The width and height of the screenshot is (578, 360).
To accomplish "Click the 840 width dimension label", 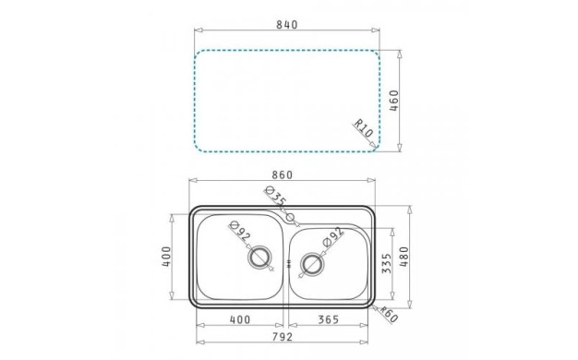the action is [287, 25].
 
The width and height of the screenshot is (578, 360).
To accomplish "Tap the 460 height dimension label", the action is [394, 101].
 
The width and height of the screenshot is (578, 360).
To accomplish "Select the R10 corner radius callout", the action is [364, 128].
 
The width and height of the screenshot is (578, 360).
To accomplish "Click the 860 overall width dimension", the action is [282, 174].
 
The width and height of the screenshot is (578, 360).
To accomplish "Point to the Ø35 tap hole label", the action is [276, 196].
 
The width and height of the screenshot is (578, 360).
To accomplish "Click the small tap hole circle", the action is [291, 217].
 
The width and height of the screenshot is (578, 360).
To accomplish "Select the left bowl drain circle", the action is [260, 257].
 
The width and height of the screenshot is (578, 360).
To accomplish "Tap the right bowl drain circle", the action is [313, 263].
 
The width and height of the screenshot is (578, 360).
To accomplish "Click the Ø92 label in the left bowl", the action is [240, 231].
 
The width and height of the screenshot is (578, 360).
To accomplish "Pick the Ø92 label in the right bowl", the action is [333, 236].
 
